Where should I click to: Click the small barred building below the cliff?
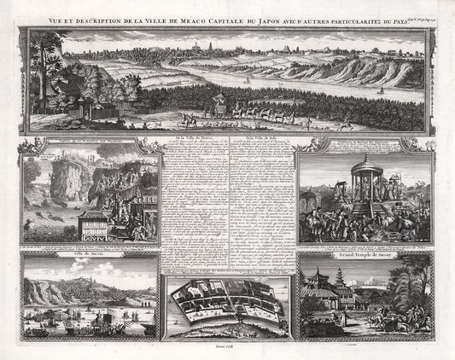[x=94, y=223]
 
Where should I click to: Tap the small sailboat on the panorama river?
[x=247, y=81]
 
